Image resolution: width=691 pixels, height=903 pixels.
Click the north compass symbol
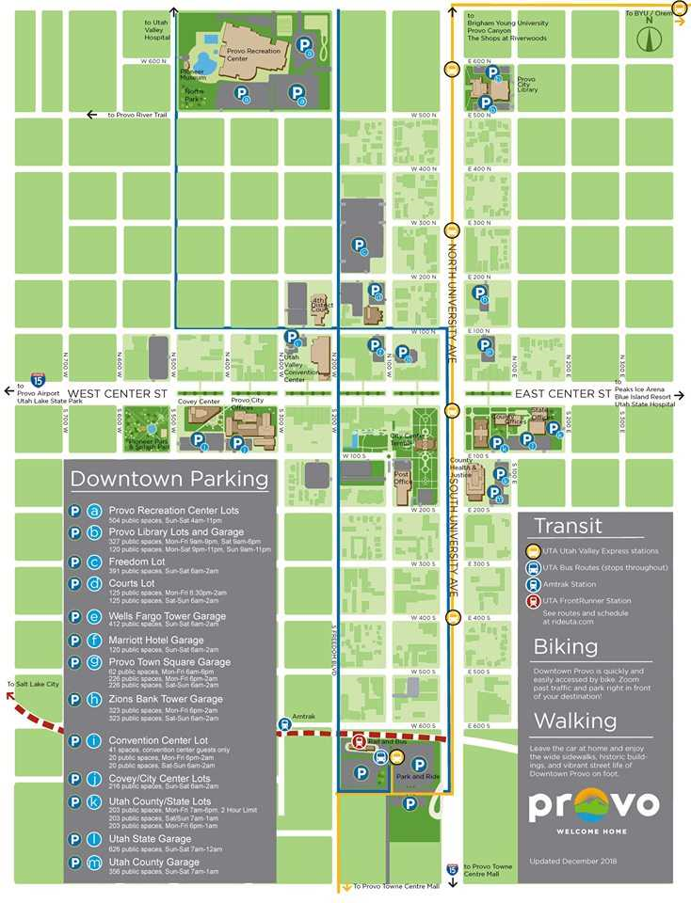click(646, 39)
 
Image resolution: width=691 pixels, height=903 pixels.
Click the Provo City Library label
click(526, 86)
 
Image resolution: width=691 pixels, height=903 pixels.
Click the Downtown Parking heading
click(169, 479)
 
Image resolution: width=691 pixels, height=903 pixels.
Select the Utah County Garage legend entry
click(154, 862)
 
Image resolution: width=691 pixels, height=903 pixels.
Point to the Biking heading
click(565, 646)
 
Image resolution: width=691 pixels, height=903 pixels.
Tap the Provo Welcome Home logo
click(592, 810)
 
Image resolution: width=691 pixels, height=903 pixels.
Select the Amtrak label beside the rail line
click(304, 716)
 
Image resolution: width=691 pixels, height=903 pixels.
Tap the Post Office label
click(403, 478)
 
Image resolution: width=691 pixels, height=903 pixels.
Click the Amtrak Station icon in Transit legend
click(532, 583)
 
